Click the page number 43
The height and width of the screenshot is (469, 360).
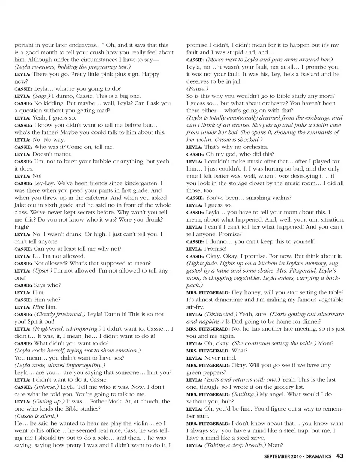[340, 456]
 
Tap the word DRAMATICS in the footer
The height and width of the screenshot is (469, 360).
[318, 456]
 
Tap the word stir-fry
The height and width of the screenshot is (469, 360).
[195, 307]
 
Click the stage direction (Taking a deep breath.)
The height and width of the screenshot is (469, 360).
[234, 445]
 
